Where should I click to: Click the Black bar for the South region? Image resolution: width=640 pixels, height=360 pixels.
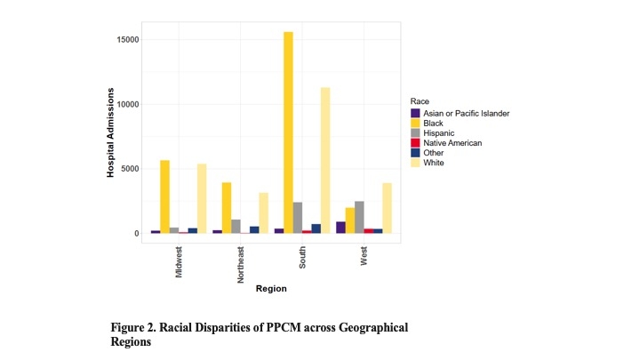(288, 132)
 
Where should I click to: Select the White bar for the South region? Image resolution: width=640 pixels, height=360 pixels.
(325, 160)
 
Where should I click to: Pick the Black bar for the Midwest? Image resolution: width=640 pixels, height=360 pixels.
(164, 196)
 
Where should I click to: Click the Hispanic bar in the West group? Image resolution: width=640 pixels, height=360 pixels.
(359, 217)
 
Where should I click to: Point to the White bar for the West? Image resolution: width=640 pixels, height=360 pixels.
(387, 208)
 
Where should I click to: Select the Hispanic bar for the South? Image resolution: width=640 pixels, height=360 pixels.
(298, 218)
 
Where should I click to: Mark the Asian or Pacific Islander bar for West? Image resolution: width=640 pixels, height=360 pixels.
(340, 228)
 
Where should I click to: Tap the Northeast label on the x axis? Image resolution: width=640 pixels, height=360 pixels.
(241, 264)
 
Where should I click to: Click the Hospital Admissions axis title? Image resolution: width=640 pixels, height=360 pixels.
(111, 132)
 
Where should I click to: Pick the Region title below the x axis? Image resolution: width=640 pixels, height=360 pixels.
(271, 289)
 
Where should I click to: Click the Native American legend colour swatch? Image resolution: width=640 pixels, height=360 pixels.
(415, 143)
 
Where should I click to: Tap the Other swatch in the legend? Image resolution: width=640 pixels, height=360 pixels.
(415, 153)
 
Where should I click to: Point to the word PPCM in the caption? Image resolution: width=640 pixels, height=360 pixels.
(281, 328)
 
